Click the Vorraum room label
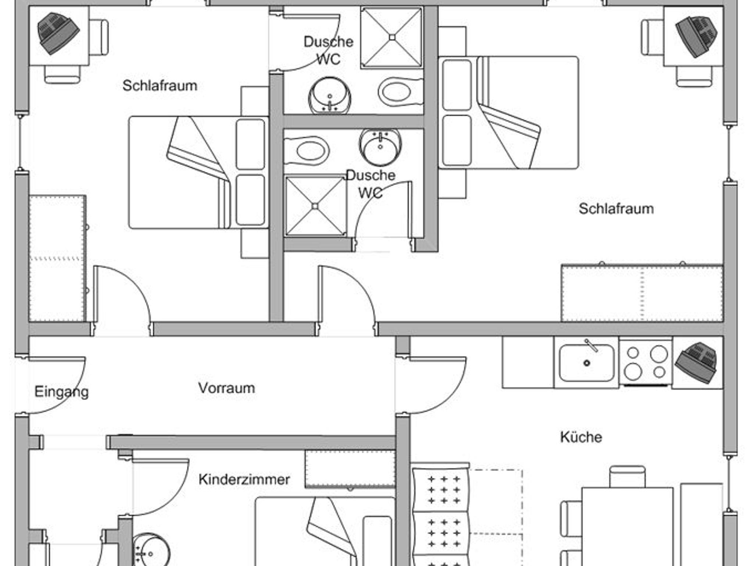pos(226,388)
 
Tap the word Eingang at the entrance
pos(61,392)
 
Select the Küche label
pos(581,437)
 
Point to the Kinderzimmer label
pos(244,480)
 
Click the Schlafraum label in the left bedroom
pos(160,86)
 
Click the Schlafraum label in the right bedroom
pos(616,209)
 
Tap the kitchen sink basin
pos(586,363)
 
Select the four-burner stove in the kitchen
pos(646,362)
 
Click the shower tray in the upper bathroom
pos(392,37)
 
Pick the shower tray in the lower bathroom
pos(315,206)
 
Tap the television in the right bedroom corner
pos(696,36)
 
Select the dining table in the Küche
pos(627,526)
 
